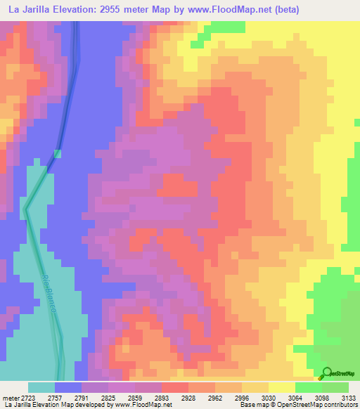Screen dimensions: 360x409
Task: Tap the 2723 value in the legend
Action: click(28, 398)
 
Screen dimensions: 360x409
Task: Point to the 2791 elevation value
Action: click(82, 398)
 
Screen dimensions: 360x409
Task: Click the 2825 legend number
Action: click(108, 398)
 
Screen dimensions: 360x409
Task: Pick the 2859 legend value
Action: click(135, 398)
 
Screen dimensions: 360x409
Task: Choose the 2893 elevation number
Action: click(162, 398)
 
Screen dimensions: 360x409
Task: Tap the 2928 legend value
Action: click(188, 398)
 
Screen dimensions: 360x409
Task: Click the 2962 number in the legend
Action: click(215, 398)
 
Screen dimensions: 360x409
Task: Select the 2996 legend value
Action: click(242, 398)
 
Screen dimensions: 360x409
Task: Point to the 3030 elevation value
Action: click(269, 398)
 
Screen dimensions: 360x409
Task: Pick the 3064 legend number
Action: click(295, 398)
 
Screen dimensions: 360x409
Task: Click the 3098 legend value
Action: click(322, 398)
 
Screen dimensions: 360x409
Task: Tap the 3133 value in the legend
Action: click(348, 398)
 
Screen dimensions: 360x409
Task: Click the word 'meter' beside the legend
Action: click(11, 398)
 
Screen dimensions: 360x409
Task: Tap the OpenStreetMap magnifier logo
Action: click(326, 372)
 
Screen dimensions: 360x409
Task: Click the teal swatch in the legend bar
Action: click(41, 387)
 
